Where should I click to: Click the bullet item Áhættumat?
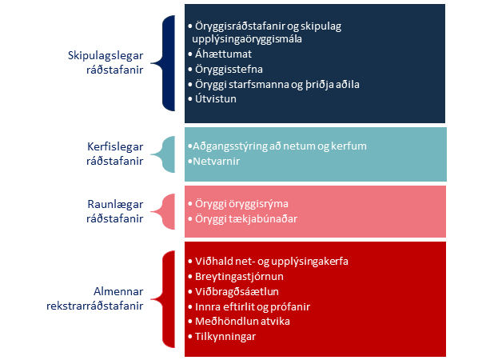pyautogui.click(x=223, y=54)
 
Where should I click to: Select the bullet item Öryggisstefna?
pyautogui.click(x=229, y=70)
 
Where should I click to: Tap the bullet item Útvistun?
pyautogui.click(x=216, y=99)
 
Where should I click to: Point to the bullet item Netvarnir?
pyautogui.click(x=216, y=161)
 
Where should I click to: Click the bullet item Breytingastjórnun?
pyautogui.click(x=239, y=277)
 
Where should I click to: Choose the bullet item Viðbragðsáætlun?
pyautogui.click(x=237, y=292)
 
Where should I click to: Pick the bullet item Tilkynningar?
pyautogui.click(x=225, y=337)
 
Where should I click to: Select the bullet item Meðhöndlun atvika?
pyautogui.click(x=242, y=322)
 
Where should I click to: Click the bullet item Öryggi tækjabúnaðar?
pyautogui.click(x=246, y=219)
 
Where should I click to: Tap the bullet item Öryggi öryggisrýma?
pyautogui.click(x=241, y=204)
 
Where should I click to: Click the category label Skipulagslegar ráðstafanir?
pyautogui.click(x=106, y=62)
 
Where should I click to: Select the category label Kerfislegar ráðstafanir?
pyautogui.click(x=115, y=154)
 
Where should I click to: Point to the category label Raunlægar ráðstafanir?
pyautogui.click(x=115, y=211)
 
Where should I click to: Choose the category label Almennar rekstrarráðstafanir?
pyautogui.click(x=95, y=298)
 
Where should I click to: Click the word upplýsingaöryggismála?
pyautogui.click(x=247, y=39)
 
